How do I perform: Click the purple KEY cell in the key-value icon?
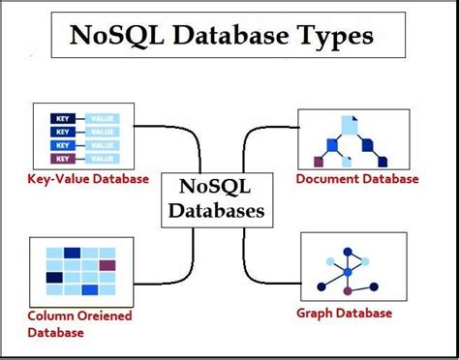click(62, 158)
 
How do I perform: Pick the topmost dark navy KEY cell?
click(62, 119)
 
